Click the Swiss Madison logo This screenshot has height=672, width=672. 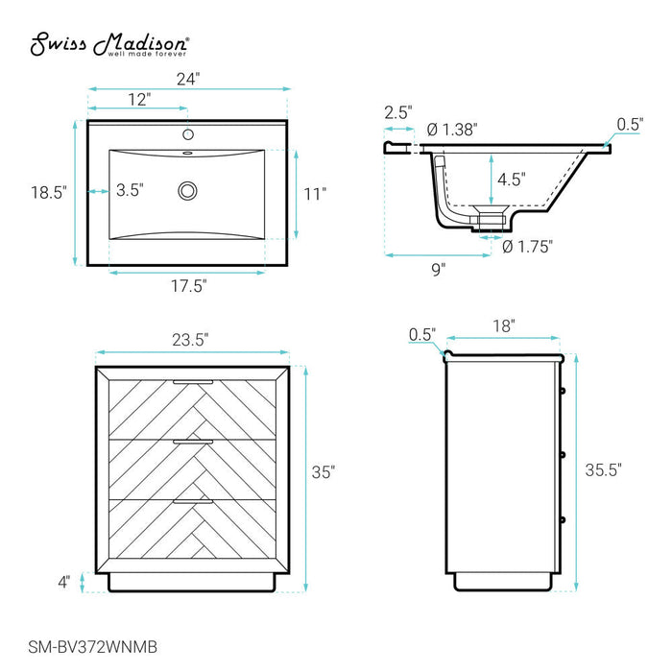point(109,44)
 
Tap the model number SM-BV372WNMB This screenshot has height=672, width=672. point(92,647)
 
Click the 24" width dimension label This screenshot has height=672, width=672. point(188,79)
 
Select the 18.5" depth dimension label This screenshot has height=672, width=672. point(49,192)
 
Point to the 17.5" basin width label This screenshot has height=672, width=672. point(189,285)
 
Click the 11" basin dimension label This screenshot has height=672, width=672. point(315,194)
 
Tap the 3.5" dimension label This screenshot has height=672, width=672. point(130,190)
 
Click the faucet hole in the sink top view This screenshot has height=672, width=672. point(188,134)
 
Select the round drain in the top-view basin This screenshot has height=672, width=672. point(188,191)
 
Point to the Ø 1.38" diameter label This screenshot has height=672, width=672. point(452,129)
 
